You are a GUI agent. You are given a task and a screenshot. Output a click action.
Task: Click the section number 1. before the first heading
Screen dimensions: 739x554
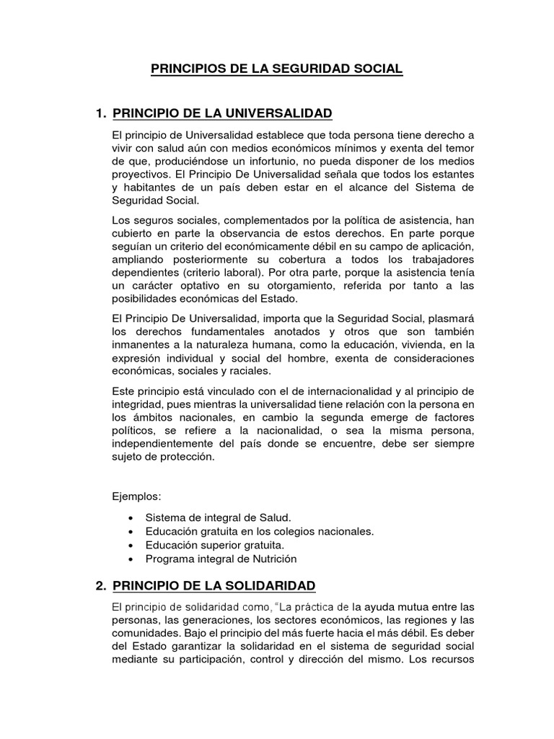click(x=101, y=113)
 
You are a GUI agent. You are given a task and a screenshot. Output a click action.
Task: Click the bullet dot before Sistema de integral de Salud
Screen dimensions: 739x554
click(x=129, y=518)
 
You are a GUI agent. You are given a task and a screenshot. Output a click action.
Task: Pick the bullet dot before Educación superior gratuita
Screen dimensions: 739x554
click(x=129, y=545)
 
